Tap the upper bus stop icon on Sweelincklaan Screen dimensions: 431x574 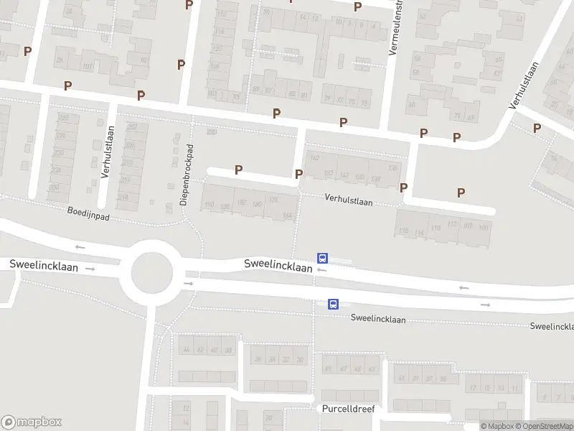323,258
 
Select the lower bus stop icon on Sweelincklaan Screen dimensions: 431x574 334,304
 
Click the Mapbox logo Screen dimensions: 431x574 31,422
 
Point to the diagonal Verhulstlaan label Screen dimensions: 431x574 524,85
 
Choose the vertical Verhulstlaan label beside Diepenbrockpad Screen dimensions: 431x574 108,152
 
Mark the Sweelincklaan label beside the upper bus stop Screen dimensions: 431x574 278,266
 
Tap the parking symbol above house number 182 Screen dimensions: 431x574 239,170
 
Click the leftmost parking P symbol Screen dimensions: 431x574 27,51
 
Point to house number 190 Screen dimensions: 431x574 210,205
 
